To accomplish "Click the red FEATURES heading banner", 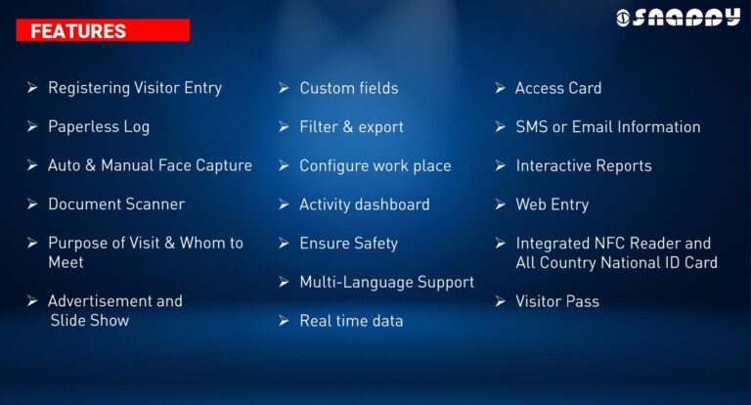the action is click(103, 30).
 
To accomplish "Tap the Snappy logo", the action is click(678, 18).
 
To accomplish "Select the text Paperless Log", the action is click(99, 127).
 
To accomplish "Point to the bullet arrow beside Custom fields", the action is click(284, 88).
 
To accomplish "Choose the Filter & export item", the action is click(351, 127).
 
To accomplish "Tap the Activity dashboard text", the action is click(365, 204).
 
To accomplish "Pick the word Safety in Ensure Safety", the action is click(375, 244).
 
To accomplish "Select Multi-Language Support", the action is click(386, 283).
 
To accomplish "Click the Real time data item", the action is click(351, 321).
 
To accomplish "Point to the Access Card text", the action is click(558, 88).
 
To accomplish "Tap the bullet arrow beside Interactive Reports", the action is click(501, 165).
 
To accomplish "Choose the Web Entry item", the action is click(552, 204).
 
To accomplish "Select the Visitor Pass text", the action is click(557, 301).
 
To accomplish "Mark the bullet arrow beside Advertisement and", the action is click(32, 301).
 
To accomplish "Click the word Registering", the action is click(89, 88).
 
